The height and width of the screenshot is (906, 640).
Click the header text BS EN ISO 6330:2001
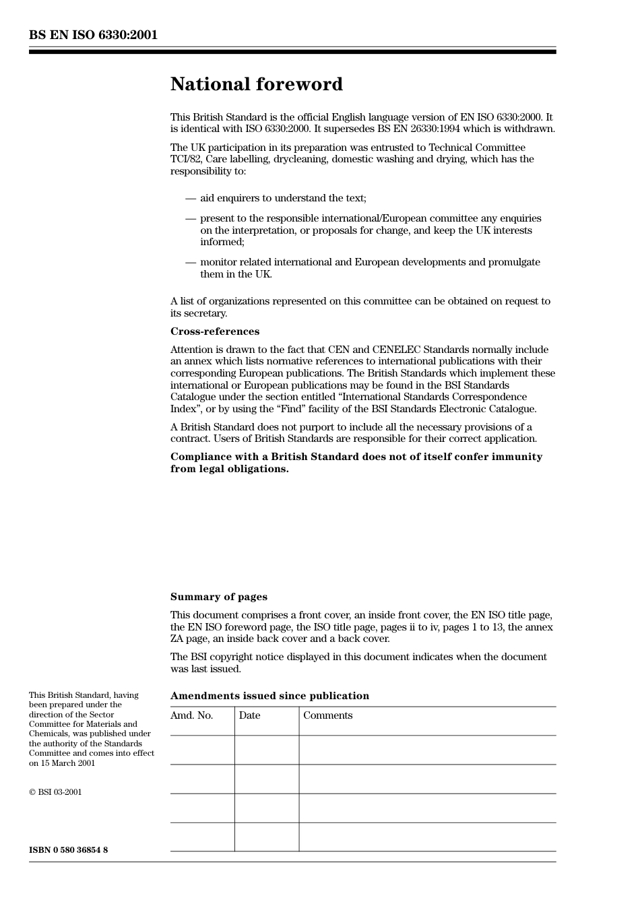tap(93, 35)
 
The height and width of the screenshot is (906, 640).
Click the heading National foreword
tap(256, 84)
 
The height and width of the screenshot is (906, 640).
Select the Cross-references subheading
tap(214, 331)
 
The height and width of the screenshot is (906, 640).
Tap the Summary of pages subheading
tap(218, 597)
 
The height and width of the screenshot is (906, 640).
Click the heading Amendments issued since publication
tap(269, 696)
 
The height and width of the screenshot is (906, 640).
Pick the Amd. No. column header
tap(191, 715)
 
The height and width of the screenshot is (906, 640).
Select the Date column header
tap(249, 715)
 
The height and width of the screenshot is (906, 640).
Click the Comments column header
tap(327, 715)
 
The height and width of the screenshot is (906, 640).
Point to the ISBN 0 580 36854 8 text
tap(68, 850)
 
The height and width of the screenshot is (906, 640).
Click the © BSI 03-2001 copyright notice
tap(55, 792)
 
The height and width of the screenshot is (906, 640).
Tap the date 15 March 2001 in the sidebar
tap(67, 763)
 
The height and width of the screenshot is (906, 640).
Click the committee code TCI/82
tap(185, 160)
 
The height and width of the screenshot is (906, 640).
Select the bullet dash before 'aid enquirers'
tap(191, 199)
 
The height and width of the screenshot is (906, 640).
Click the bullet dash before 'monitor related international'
tap(191, 263)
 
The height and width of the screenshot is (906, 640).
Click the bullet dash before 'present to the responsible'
tap(191, 219)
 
